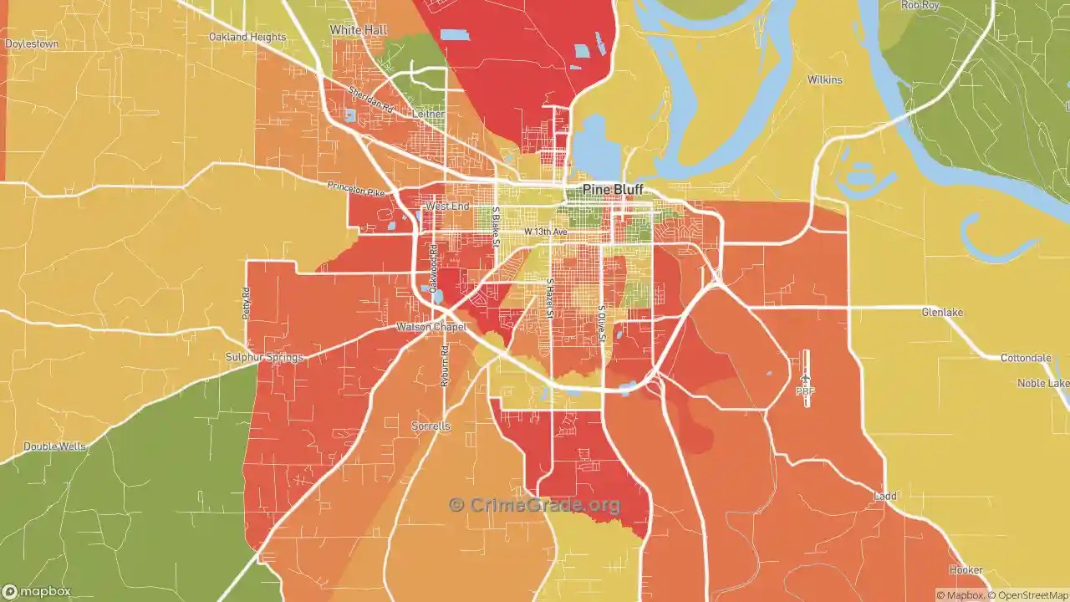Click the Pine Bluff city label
pyautogui.click(x=613, y=189)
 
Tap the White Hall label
pyautogui.click(x=358, y=30)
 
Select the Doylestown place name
pyautogui.click(x=32, y=43)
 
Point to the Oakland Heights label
pyautogui.click(x=247, y=38)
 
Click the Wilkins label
pyautogui.click(x=824, y=80)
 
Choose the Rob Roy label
pyautogui.click(x=920, y=5)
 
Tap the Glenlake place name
pyautogui.click(x=942, y=313)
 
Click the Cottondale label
pyautogui.click(x=1026, y=358)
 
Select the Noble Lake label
pyautogui.click(x=1042, y=383)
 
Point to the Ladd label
pyautogui.click(x=884, y=496)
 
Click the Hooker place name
pyautogui.click(x=966, y=570)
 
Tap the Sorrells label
pyautogui.click(x=431, y=426)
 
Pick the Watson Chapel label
pyautogui.click(x=431, y=327)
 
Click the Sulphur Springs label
pyautogui.click(x=264, y=357)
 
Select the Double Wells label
pyautogui.click(x=54, y=446)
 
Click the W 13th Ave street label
pyautogui.click(x=546, y=232)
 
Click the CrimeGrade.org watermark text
pyautogui.click(x=535, y=505)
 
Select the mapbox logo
pyautogui.click(x=37, y=592)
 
